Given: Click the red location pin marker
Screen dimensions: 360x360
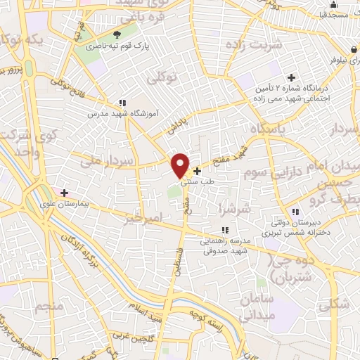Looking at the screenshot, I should pos(181,164).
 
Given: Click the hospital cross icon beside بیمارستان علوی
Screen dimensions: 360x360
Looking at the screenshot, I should pos(64,192).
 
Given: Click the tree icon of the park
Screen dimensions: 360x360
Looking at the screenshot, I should pos(117,34).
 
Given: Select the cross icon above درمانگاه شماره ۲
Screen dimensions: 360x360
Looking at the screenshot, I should pos(290,77).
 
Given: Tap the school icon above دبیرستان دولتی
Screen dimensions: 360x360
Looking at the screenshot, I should pos(295,211).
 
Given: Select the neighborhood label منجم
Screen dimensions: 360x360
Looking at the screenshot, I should pos(52,307).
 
